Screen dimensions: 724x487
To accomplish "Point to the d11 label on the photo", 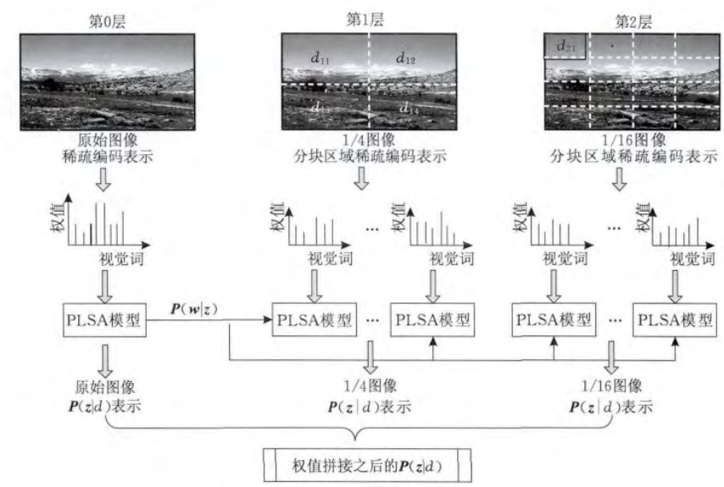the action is click(320, 58).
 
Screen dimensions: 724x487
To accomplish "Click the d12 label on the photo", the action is click(405, 58).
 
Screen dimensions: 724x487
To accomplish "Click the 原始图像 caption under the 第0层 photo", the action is click(104, 139).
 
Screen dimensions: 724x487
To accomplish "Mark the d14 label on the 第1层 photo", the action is click(409, 108).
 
